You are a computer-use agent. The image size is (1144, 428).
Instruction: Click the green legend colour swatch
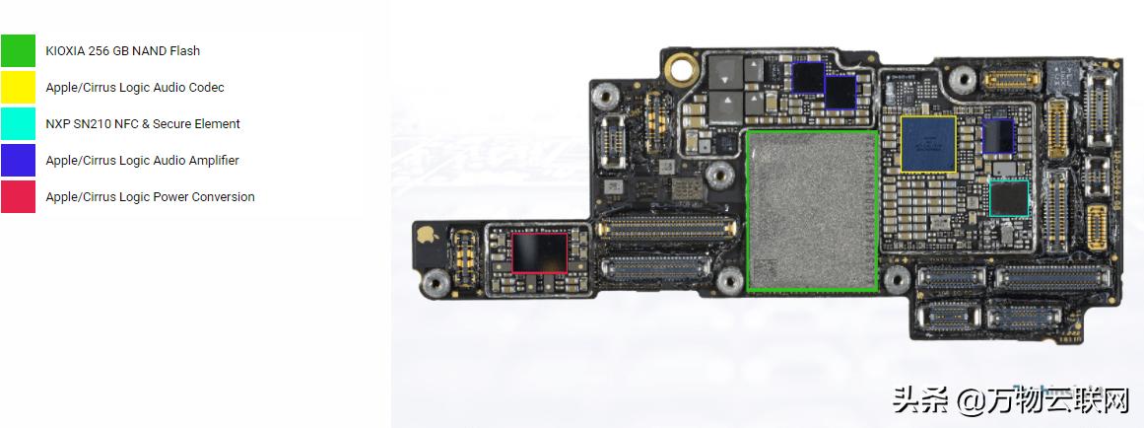[18, 50]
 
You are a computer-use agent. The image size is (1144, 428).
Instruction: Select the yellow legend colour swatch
[18, 87]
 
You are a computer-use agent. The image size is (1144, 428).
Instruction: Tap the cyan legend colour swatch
[18, 123]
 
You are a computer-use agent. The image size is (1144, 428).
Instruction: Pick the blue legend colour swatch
[18, 160]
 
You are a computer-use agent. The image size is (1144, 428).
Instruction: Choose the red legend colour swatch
[18, 196]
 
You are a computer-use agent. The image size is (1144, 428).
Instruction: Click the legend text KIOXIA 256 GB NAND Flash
[122, 50]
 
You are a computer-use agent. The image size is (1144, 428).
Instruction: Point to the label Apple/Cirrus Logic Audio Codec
[134, 87]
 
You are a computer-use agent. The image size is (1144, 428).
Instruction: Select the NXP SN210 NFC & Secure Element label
[142, 123]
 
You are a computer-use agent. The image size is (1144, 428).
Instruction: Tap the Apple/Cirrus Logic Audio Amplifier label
[142, 160]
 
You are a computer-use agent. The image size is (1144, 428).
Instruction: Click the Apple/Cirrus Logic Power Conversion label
[150, 196]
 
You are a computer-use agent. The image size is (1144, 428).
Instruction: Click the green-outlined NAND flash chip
[812, 210]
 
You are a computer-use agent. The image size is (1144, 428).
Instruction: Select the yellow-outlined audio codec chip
[928, 144]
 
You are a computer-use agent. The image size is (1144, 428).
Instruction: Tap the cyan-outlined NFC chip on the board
[1009, 198]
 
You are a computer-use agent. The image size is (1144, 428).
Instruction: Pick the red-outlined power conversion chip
[540, 252]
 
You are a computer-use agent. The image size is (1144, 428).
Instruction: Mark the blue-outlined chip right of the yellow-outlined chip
[998, 136]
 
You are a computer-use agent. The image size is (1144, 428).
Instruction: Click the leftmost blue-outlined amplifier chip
[808, 77]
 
